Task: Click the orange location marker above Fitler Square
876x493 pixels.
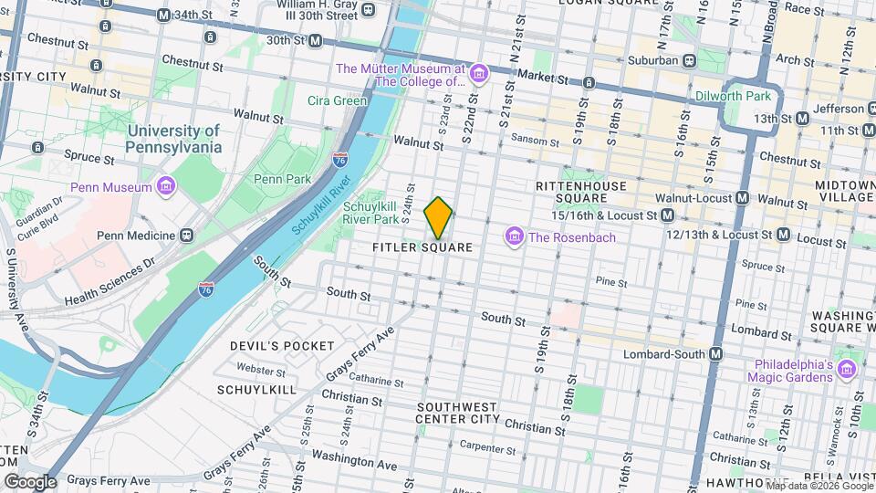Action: pyautogui.click(x=439, y=217)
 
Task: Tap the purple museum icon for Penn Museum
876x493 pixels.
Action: pyautogui.click(x=166, y=187)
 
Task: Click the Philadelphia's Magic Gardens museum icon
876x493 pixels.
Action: pyautogui.click(x=847, y=369)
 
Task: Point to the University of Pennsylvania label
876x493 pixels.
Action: pyautogui.click(x=173, y=140)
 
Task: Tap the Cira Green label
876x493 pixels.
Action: pyautogui.click(x=337, y=100)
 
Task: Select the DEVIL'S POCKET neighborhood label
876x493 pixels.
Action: pyautogui.click(x=270, y=346)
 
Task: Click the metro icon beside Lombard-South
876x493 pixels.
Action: pyautogui.click(x=716, y=354)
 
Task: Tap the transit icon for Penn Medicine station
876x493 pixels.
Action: pyautogui.click(x=187, y=236)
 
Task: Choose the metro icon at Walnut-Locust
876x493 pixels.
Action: pyautogui.click(x=742, y=198)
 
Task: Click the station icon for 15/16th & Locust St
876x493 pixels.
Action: pyautogui.click(x=668, y=215)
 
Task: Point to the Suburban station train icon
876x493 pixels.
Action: pyautogui.click(x=691, y=61)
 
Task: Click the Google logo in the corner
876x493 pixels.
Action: pyautogui.click(x=30, y=481)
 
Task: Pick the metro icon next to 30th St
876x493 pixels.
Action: pyautogui.click(x=315, y=40)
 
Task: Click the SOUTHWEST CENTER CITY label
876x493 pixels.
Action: pyautogui.click(x=457, y=413)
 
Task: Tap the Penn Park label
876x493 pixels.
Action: pyautogui.click(x=280, y=178)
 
